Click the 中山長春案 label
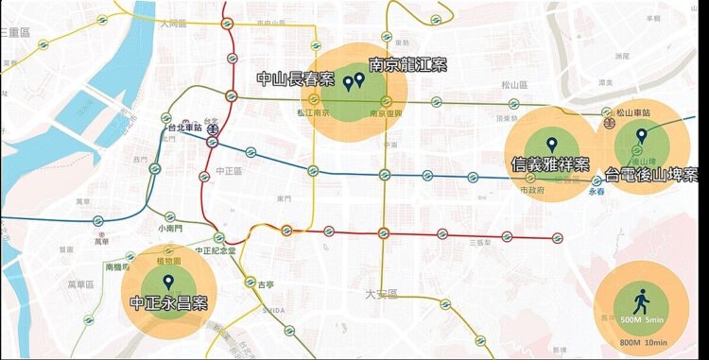coord(296,79)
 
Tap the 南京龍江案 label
coord(407,65)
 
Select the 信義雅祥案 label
coord(550,163)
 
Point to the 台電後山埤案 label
coord(652,175)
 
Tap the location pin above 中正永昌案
coord(168,282)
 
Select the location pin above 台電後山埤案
coord(642,137)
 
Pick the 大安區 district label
coord(383,294)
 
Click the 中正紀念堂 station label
coord(215,250)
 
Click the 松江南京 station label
coord(313,112)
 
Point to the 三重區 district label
coord(16,32)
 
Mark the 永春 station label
coord(596,191)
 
